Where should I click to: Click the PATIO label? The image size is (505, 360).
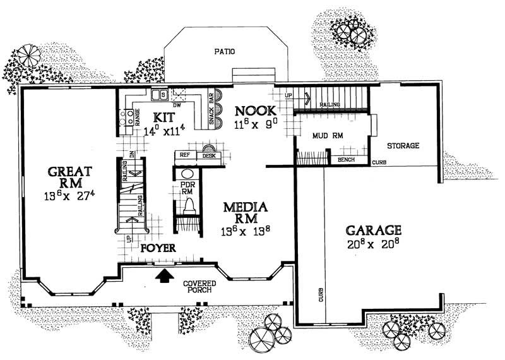pos(224,52)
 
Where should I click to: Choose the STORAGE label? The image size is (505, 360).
pos(403,146)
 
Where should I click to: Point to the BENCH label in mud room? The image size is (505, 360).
pos(347,160)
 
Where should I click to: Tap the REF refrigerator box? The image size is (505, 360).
pos(185,155)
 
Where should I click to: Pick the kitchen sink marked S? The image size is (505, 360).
pos(162,95)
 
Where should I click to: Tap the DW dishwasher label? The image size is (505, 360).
pos(177,105)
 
